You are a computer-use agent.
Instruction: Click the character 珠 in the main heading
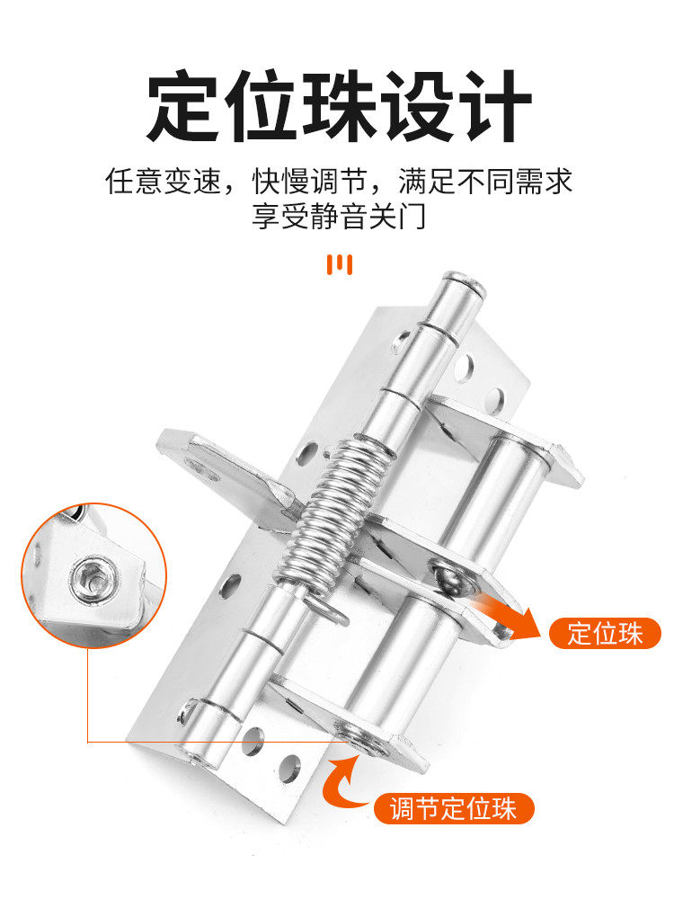pos(338,105)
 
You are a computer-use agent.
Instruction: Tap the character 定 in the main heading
pos(183,105)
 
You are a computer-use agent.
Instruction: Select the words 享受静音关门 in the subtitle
pos(339,216)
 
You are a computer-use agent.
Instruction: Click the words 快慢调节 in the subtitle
pos(309,182)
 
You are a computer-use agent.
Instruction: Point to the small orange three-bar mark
pos(340,264)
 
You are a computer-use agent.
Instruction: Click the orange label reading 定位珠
pos(605,634)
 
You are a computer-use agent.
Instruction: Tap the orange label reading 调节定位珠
pos(453,809)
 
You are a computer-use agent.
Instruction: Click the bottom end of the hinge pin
pos(198,756)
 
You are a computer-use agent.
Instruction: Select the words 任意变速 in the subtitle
pos(163,182)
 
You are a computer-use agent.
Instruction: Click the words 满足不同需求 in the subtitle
pos(485,182)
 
